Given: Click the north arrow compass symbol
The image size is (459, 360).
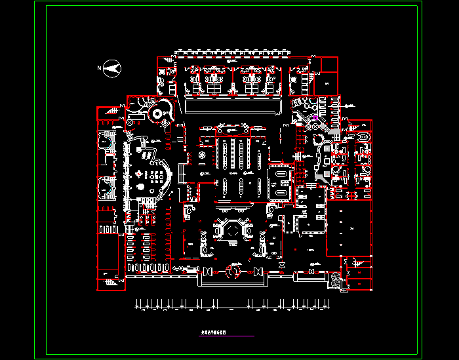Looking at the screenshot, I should [113, 67].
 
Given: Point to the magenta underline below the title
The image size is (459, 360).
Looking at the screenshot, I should [226, 336].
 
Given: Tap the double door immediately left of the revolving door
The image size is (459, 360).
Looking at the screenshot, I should [209, 271].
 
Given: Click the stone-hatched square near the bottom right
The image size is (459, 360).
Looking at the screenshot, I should [335, 279].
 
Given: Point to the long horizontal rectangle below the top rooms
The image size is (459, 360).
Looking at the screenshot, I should [233, 106].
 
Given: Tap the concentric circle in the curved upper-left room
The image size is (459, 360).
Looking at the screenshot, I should [157, 113].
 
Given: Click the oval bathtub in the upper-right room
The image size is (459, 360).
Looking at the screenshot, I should [363, 136].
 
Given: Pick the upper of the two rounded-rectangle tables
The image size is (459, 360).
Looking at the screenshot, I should [279, 176].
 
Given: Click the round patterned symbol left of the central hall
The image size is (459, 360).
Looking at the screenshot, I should [203, 155].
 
